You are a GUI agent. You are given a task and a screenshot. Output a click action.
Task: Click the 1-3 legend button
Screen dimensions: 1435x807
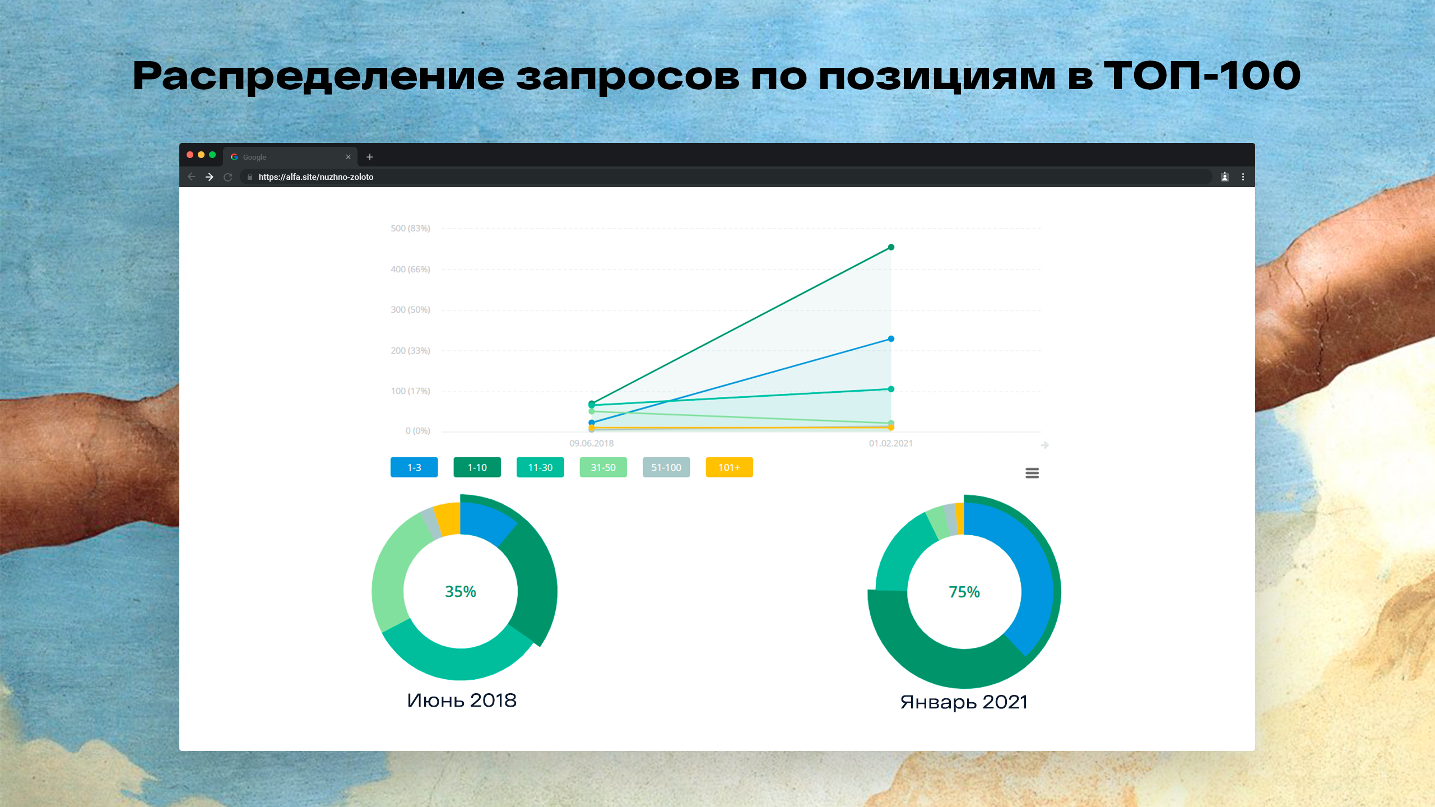coord(414,467)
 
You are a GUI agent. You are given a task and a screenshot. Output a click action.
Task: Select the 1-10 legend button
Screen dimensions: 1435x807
coord(477,467)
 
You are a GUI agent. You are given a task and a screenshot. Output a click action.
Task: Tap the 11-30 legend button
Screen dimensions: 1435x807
coord(540,467)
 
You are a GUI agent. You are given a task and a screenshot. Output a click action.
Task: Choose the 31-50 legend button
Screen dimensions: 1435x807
coord(603,467)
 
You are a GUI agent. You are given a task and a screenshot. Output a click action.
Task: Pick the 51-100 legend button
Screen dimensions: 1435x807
coord(666,467)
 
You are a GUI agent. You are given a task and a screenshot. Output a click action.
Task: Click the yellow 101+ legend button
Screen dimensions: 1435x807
coord(729,467)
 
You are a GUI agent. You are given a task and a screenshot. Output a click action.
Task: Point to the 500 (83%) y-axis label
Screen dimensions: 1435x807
coord(410,229)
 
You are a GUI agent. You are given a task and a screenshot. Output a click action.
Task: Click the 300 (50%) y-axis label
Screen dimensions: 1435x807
coord(410,310)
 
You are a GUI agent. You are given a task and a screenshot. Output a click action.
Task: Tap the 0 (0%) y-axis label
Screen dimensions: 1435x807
coord(418,431)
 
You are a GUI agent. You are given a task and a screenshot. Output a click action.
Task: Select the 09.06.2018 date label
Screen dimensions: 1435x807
coord(592,443)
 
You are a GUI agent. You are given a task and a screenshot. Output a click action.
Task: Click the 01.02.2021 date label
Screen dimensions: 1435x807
coord(891,443)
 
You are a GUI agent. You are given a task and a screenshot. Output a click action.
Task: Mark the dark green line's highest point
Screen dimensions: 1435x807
coord(891,247)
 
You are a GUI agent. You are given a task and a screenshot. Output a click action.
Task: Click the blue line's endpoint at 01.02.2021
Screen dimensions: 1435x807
coord(891,339)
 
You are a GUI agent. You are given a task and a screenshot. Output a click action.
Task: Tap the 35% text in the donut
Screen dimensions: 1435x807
coord(461,592)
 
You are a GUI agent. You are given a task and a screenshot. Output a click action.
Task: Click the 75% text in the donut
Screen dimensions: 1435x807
coord(964,592)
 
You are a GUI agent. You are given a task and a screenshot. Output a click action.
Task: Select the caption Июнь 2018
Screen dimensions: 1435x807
coord(462,701)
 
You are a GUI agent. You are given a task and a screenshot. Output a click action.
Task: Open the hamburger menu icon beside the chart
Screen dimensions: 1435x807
coord(1032,474)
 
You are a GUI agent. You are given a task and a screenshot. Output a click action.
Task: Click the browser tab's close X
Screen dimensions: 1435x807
coord(349,157)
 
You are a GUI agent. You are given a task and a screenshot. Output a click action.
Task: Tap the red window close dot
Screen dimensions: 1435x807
coord(190,155)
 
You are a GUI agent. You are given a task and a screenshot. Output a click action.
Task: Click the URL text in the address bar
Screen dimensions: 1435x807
coord(316,177)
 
